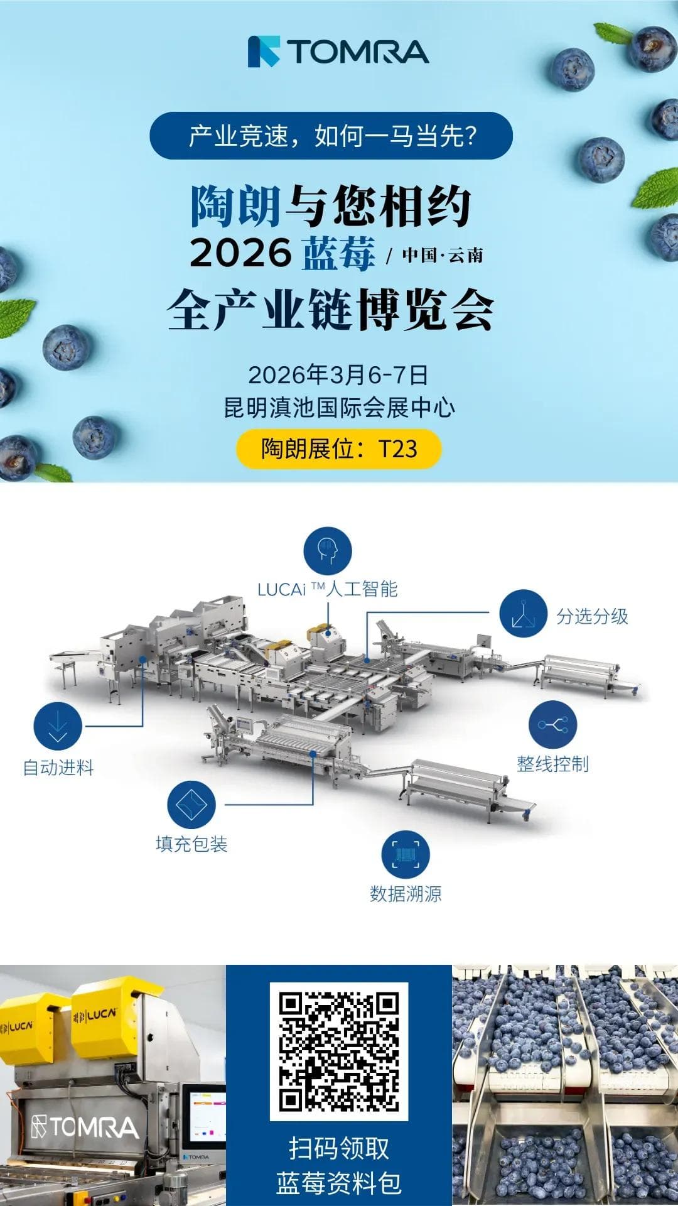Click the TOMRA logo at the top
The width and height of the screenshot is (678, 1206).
pos(338,52)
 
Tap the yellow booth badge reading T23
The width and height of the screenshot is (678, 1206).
pos(338,448)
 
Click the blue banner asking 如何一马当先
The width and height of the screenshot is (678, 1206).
pos(331,136)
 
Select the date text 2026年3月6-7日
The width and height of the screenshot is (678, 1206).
pos(338,375)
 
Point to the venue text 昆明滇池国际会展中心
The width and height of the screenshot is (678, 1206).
pos(339,408)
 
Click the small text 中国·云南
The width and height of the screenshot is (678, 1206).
pos(443,255)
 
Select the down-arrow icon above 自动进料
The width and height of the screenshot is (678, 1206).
pos(58,726)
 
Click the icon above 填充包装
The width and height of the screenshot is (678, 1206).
pos(191,805)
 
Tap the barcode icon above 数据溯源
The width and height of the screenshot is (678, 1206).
pos(406,855)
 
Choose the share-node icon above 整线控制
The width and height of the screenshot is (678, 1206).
pos(552,725)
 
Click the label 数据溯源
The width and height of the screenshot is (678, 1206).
pos(406,893)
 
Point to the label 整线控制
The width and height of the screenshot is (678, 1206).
pos(552,764)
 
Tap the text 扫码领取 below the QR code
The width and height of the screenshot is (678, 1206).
pos(339,1148)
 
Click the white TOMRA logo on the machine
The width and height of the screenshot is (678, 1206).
pos(85,1127)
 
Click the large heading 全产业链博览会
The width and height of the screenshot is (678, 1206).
pos(331,310)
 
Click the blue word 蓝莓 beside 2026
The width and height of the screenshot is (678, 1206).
pos(339,253)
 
